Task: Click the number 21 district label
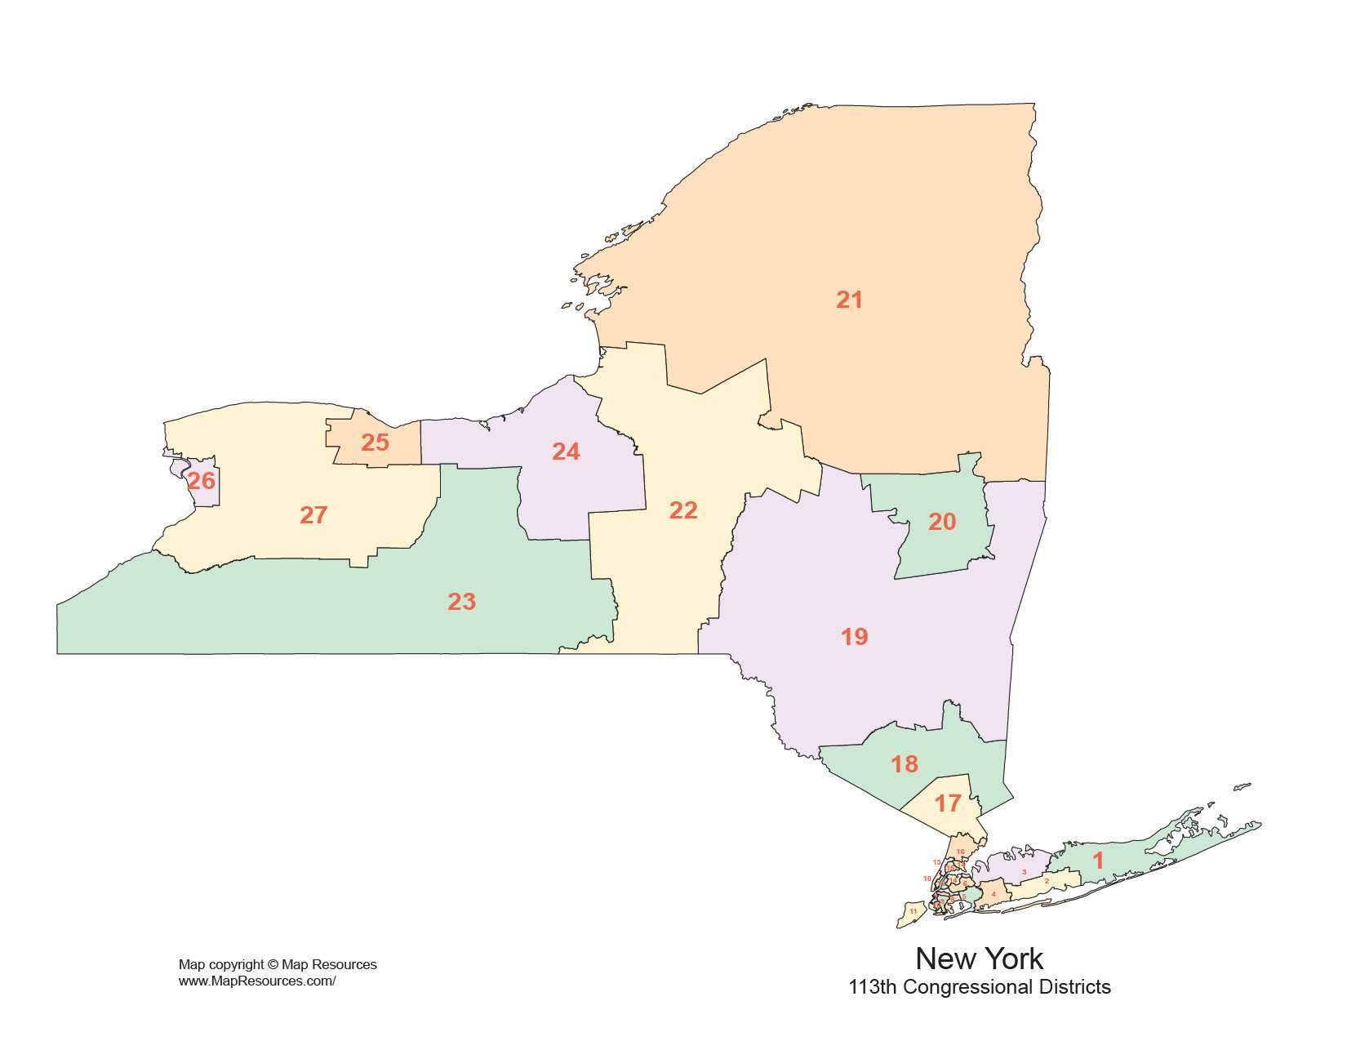[x=849, y=300]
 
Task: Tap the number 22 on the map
[x=683, y=510]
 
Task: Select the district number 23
[x=461, y=602]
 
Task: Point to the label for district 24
[x=566, y=452]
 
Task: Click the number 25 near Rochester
[x=375, y=443]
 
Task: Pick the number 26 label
[x=201, y=481]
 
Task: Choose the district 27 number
[x=313, y=515]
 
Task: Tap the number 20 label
[x=942, y=522]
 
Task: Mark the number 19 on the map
[x=855, y=637]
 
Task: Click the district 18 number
[x=905, y=764]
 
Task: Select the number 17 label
[x=947, y=804]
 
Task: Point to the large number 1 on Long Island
[x=1098, y=861]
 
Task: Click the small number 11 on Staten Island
[x=914, y=911]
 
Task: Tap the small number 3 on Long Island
[x=1025, y=872]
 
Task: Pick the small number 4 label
[x=993, y=894]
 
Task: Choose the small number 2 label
[x=1047, y=881]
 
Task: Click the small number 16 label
[x=960, y=852]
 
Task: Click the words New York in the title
[x=979, y=958]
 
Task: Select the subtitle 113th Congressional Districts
[x=980, y=987]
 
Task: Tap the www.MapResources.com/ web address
[x=257, y=981]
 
